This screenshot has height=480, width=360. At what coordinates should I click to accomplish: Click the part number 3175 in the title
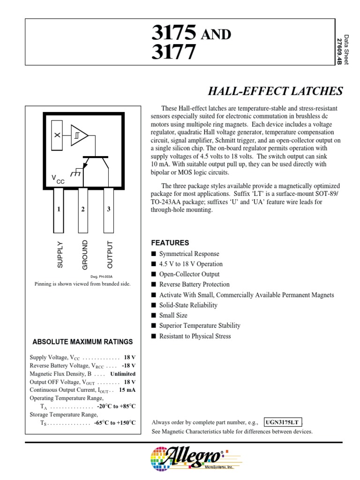(x=173, y=33)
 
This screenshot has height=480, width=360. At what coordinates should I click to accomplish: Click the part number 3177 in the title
(x=173, y=52)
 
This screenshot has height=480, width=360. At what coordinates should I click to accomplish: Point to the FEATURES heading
(x=170, y=243)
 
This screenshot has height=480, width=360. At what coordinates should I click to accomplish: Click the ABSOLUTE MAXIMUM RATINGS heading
(x=82, y=342)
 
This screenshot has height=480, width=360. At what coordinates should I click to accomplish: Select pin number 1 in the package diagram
(x=59, y=209)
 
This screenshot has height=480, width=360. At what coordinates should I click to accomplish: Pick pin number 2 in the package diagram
(x=82, y=209)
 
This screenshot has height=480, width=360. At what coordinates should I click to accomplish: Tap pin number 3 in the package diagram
(x=108, y=209)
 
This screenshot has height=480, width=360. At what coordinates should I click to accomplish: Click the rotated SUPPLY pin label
(x=60, y=255)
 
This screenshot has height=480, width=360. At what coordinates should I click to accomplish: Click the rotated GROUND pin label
(x=85, y=255)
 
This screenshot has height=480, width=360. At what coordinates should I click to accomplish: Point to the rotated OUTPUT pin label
(x=110, y=255)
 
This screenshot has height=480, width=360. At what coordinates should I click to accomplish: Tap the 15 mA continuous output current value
(x=127, y=390)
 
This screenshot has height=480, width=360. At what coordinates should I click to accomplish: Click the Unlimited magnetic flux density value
(x=123, y=374)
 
